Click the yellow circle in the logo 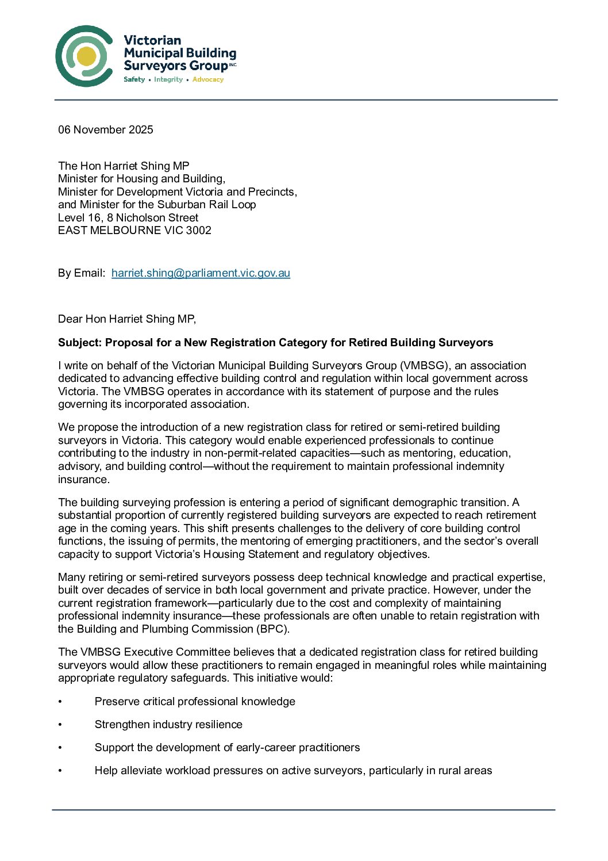pos(86,56)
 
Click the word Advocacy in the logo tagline pos(207,79)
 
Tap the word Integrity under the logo pos(168,79)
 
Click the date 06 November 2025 pos(106,129)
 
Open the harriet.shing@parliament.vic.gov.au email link pos(201,273)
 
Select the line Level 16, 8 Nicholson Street pos(128,217)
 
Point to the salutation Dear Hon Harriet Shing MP pos(126,319)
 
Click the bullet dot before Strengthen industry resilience pos(60,725)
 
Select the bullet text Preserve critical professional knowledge pos(195,701)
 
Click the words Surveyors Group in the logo pos(175,66)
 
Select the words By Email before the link pos(80,273)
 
